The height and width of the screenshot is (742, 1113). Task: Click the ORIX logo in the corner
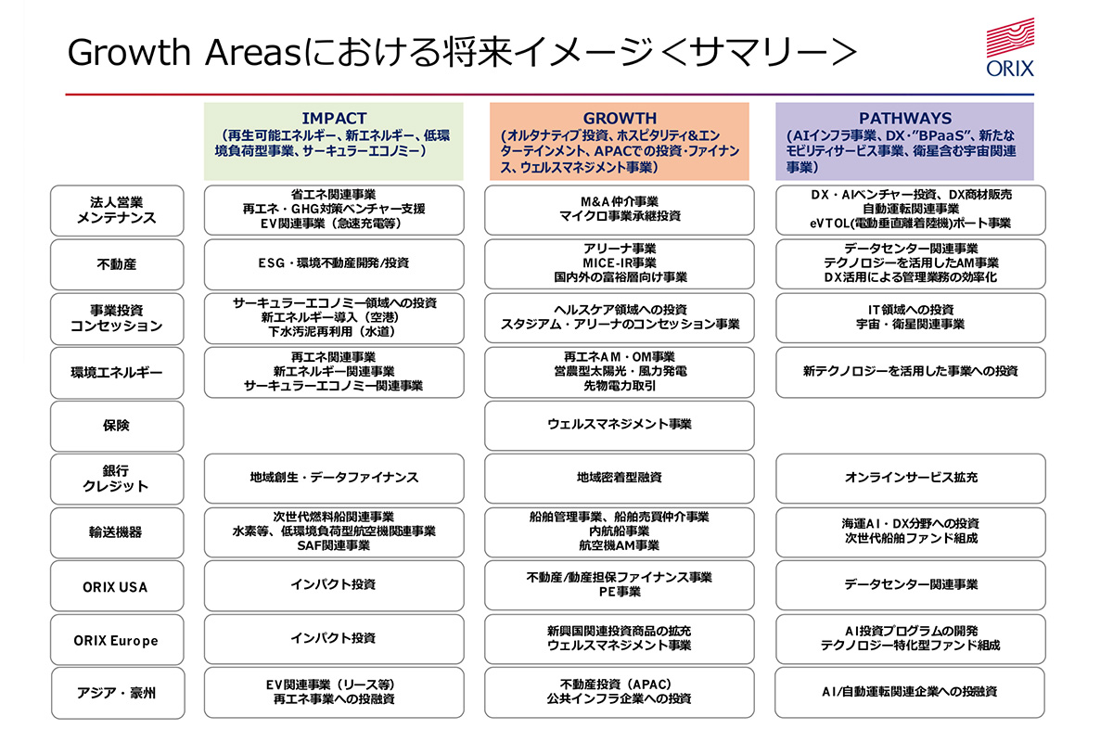click(1010, 47)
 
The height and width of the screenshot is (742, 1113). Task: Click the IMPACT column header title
click(334, 119)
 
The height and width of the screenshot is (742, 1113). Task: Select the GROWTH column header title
click(620, 119)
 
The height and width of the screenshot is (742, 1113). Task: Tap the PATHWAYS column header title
click(905, 119)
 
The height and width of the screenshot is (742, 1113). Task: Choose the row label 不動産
click(117, 264)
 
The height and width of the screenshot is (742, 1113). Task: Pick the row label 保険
click(116, 426)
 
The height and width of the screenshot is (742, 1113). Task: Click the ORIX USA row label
click(115, 587)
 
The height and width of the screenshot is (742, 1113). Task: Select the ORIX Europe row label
click(116, 641)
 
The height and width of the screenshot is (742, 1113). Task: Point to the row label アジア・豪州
click(116, 693)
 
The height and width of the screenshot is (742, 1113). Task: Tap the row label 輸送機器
click(116, 532)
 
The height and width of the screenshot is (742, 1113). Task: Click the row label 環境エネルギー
click(117, 373)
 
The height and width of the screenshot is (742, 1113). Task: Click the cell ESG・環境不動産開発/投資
click(334, 262)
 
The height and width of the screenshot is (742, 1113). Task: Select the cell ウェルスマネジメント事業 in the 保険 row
click(620, 425)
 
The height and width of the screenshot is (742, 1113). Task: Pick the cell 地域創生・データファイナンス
click(334, 478)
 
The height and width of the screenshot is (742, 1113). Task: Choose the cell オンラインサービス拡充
click(910, 478)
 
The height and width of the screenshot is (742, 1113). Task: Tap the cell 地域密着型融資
click(620, 478)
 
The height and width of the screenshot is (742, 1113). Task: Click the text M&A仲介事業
click(620, 202)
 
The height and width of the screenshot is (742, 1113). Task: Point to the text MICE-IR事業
click(620, 262)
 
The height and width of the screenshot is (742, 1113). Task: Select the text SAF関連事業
click(334, 545)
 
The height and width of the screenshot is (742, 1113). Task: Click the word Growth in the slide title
click(129, 52)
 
